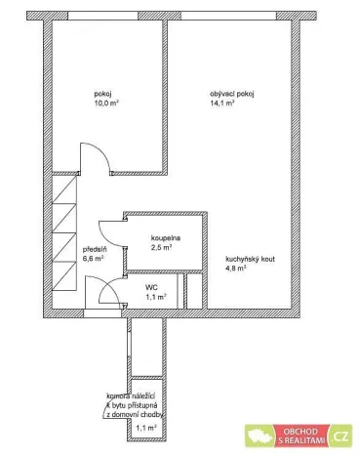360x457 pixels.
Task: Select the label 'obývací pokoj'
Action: tap(231, 94)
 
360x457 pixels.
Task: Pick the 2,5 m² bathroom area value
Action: tap(161, 248)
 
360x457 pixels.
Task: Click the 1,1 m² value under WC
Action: tap(154, 296)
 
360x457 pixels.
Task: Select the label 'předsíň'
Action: tap(94, 249)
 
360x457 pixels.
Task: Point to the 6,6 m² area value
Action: tap(94, 259)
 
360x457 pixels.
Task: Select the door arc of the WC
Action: tap(105, 291)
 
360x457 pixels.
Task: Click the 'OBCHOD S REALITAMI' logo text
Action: tap(305, 436)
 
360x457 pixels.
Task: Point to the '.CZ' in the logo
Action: tap(340, 436)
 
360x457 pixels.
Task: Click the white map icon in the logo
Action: tap(264, 436)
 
